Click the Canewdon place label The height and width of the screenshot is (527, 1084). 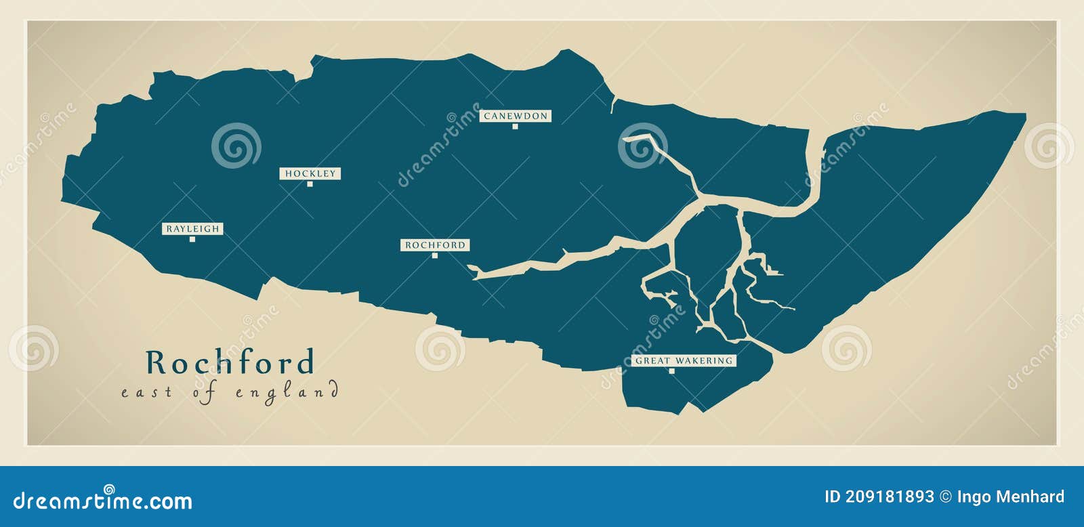pos(516,116)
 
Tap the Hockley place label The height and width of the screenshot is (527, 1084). pos(310,173)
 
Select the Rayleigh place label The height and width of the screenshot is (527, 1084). pos(193,229)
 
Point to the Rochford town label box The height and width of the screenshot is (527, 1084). pos(436,245)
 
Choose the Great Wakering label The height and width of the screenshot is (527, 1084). pos(684,360)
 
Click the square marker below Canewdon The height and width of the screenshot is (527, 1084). pos(515,126)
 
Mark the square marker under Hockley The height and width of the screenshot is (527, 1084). pos(310,184)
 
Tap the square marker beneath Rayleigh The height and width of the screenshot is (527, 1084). pos(192,239)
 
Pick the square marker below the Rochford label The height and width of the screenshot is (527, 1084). pos(435,255)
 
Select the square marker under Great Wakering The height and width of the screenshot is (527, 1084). pos(672,371)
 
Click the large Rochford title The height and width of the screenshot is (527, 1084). pos(230,362)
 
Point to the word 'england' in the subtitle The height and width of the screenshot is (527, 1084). pos(287,393)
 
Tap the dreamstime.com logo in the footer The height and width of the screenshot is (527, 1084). pos(103,501)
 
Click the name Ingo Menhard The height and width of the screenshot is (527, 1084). pos(1010,497)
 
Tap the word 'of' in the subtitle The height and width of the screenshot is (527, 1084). pos(204,393)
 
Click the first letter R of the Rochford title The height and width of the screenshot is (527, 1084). pos(157,362)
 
